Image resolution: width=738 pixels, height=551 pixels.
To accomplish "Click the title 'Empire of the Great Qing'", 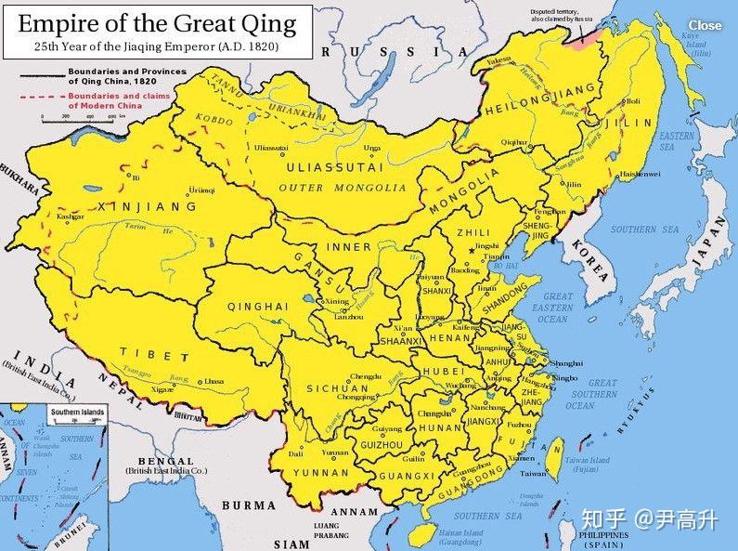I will tap(156, 22).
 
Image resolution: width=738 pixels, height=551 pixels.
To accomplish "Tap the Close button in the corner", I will tap(705, 25).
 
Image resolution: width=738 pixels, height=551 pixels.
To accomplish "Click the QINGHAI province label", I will tap(251, 306).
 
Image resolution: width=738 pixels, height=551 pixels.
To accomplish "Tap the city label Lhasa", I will tap(214, 381).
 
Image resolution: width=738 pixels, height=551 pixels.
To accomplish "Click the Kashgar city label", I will tap(70, 216).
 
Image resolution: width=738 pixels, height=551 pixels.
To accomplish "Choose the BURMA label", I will tap(249, 505).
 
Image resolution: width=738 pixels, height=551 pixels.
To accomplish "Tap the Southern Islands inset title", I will tap(78, 412).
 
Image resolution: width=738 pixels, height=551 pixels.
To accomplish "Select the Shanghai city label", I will tap(565, 362).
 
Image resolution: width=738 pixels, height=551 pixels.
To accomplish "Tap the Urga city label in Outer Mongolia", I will tap(372, 147).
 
